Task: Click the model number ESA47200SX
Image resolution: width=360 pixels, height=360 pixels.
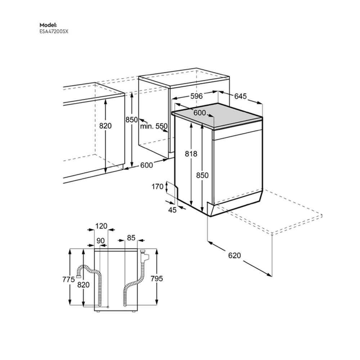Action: [54, 31]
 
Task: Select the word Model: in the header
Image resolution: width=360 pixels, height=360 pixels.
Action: [48, 25]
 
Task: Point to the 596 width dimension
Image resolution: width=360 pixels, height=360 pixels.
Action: [197, 96]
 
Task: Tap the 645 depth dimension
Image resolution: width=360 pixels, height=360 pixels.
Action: [240, 96]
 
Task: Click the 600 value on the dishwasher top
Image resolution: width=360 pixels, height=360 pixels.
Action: [199, 113]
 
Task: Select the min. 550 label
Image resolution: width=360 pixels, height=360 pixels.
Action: [154, 126]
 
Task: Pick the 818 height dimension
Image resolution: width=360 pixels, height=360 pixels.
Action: [191, 154]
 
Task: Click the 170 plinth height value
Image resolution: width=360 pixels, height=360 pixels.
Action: [158, 186]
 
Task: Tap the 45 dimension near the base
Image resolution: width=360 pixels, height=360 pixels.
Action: [172, 210]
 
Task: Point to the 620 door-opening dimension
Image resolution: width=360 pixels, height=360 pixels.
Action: [234, 256]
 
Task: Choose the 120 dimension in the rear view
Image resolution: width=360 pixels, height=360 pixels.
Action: [101, 226]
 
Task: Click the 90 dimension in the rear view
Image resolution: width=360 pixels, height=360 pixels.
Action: [100, 240]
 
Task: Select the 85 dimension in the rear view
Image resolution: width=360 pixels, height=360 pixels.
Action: [131, 238]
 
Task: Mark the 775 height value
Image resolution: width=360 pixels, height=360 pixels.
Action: [68, 279]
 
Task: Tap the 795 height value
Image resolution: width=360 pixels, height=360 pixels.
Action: [157, 278]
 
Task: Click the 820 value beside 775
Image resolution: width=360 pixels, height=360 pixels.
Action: [84, 285]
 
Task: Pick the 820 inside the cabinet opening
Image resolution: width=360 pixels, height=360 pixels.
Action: [105, 126]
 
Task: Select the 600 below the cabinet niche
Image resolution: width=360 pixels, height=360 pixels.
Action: [147, 165]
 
